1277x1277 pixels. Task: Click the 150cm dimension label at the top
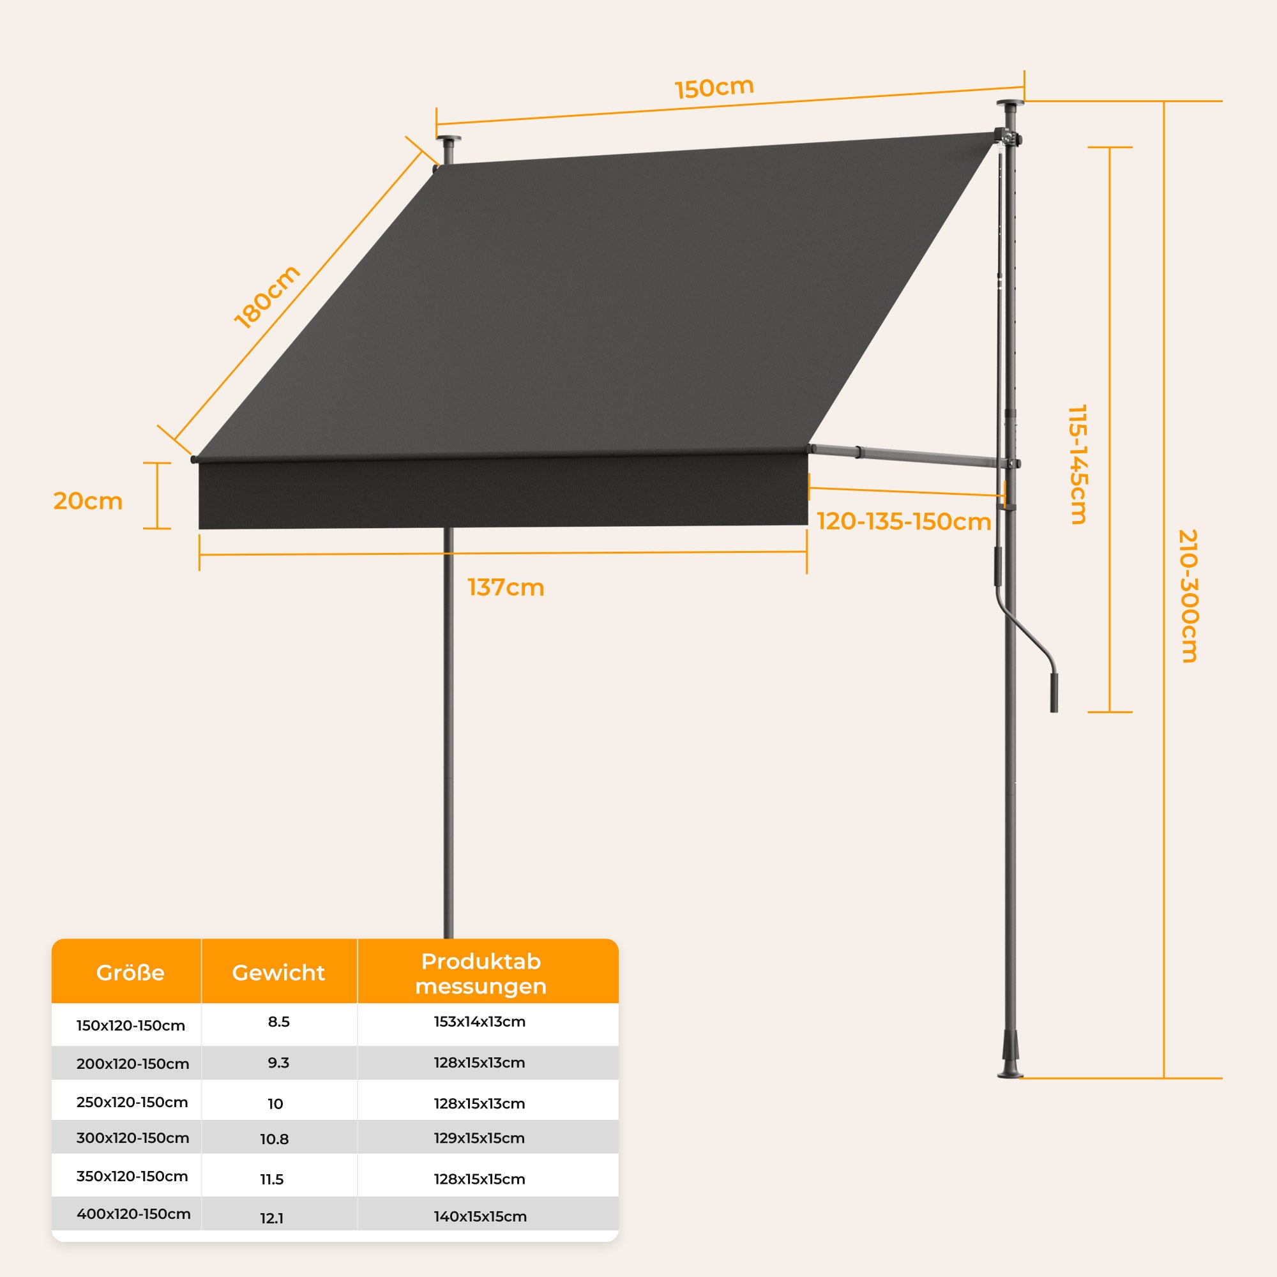714,88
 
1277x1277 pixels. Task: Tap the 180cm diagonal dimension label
267,297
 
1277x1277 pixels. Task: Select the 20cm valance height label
88,502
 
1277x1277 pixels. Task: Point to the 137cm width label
506,587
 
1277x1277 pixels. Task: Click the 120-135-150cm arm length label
903,522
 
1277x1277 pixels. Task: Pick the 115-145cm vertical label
1077,464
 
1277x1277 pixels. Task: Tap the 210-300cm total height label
1188,596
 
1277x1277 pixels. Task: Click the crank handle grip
1054,693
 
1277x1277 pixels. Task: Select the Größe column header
130,973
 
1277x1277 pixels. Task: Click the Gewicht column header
278,973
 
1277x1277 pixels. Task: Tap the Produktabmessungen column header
481,974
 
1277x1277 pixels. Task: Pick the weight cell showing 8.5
278,1022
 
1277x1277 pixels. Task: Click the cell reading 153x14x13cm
480,1022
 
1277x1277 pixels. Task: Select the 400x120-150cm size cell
133,1214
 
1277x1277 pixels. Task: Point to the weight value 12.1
271,1218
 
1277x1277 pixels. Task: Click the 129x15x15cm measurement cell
480,1138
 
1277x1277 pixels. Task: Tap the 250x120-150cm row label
132,1102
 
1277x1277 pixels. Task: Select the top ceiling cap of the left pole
449,140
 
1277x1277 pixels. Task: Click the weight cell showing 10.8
275,1140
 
